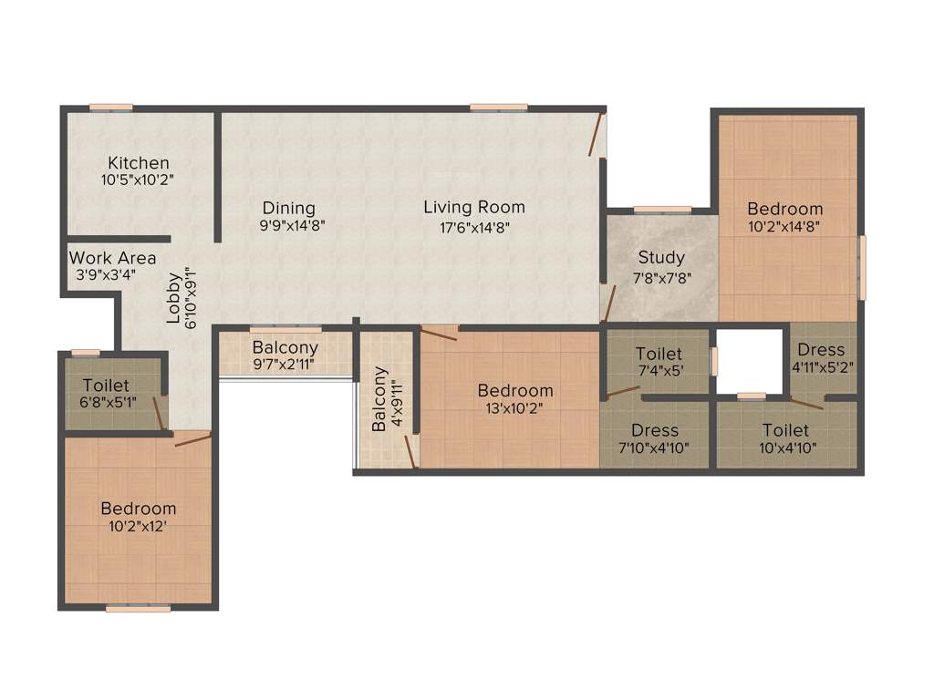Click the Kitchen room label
pos(137,163)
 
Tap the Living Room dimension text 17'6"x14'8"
pos(473,228)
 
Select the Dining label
pos(288,208)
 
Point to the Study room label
pos(661,257)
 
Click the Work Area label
pos(112,258)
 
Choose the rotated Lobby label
pos(173,300)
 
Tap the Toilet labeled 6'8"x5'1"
pos(106,386)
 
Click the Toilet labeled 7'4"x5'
pos(659,354)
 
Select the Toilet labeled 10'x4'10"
pos(785,430)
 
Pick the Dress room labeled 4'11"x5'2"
pos(821,350)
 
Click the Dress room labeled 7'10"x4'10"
pos(654,430)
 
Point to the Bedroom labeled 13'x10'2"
pos(515,391)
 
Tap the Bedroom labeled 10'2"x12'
pos(139,509)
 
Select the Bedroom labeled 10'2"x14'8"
pos(784,209)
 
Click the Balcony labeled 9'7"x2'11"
pos(285,347)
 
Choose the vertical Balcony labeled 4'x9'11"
pos(379,399)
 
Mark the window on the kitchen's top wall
pos(110,108)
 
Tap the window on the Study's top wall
pos(662,210)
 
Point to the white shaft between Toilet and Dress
pos(750,361)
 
